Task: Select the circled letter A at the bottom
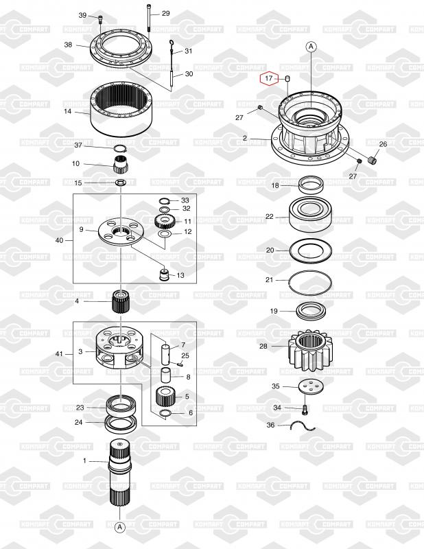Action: tap(119, 527)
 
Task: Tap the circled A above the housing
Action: tap(311, 47)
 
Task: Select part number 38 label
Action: tap(68, 44)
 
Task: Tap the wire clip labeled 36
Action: tap(303, 426)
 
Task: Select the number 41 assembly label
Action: tap(59, 354)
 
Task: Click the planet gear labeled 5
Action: tap(165, 397)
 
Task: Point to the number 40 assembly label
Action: tap(59, 240)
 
